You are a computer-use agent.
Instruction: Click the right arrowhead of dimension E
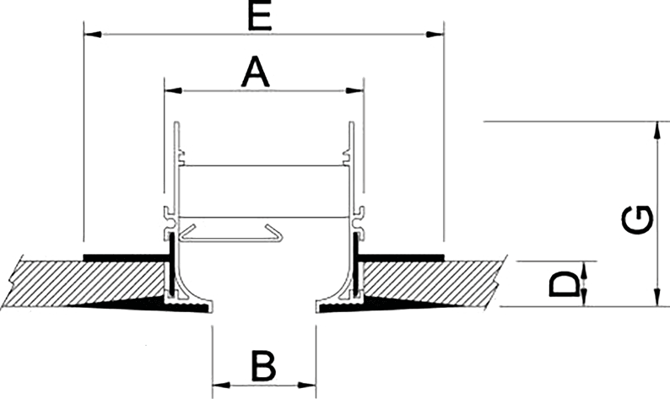[432, 35]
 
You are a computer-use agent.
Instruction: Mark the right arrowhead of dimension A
[352, 89]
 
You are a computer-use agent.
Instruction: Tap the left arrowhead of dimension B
[220, 386]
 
